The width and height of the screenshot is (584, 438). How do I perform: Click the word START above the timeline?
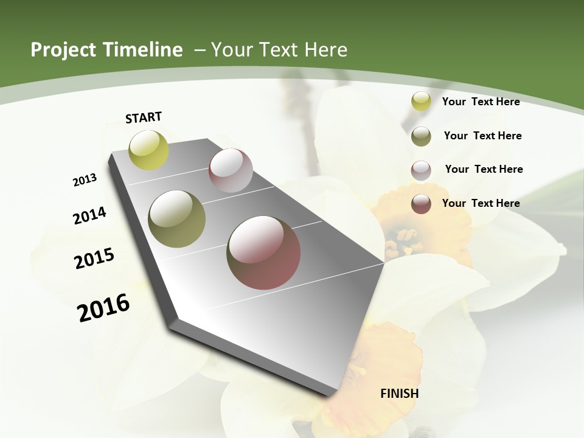[x=144, y=117]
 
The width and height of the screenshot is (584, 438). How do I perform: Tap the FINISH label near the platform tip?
[x=400, y=394]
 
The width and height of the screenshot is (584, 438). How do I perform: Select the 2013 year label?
[x=85, y=180]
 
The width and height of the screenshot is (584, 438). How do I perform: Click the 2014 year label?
[x=89, y=216]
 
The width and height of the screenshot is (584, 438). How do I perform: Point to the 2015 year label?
[x=94, y=259]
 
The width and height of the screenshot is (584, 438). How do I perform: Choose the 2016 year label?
[x=103, y=307]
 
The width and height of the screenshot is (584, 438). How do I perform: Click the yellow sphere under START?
[x=148, y=150]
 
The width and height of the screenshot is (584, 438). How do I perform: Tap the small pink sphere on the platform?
[x=231, y=170]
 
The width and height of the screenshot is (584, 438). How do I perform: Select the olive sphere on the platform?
[x=176, y=219]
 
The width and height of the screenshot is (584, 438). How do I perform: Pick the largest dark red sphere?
[x=263, y=252]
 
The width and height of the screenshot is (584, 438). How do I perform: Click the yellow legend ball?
[x=421, y=102]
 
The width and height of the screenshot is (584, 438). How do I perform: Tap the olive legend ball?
[x=421, y=136]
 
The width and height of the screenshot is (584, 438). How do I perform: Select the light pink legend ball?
[x=421, y=170]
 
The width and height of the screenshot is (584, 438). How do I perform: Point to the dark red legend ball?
[x=421, y=204]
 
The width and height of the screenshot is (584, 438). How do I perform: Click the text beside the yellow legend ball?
[x=481, y=102]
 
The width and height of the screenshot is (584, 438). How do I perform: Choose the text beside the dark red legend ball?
[x=481, y=203]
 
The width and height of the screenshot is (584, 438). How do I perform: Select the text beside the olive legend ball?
[x=482, y=136]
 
